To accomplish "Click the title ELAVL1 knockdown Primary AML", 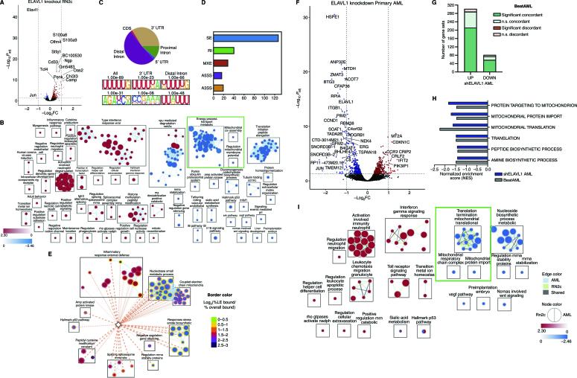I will (368, 7).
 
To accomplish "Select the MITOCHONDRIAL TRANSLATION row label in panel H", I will (530, 128).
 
